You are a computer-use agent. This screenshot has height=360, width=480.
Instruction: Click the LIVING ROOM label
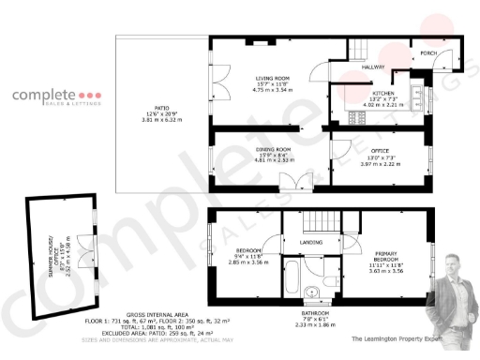coord(274,78)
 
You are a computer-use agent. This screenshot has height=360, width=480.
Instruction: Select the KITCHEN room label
coord(384,95)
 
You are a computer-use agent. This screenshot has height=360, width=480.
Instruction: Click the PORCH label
coord(428,55)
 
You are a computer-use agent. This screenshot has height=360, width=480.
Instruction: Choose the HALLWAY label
coord(375,67)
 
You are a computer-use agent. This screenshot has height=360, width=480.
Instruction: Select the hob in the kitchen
coord(354,117)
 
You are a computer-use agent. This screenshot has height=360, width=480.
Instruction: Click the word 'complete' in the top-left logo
coord(41,96)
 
